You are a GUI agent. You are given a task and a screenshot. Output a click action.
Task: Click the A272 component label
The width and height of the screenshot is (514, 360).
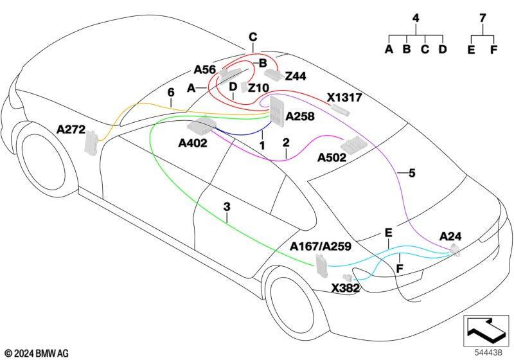point(71,129)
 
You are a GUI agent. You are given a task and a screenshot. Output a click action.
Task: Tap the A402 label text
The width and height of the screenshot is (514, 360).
point(193,143)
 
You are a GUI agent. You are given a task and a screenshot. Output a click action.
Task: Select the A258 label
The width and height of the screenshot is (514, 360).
point(300,116)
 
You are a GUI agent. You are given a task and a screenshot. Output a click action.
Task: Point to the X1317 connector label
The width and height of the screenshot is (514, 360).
point(344,97)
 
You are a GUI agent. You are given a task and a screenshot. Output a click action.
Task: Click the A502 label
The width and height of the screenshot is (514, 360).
point(332,157)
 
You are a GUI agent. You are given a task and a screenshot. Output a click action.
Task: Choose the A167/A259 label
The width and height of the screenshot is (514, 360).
point(321,246)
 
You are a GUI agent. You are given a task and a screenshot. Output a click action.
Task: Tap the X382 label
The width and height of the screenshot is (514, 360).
point(346,288)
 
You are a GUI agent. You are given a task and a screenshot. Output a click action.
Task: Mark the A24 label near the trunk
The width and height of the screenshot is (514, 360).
point(450,236)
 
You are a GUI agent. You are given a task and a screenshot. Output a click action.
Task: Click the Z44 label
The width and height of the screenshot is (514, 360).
point(296,76)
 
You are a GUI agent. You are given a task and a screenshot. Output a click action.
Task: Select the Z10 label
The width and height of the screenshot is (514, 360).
point(258,88)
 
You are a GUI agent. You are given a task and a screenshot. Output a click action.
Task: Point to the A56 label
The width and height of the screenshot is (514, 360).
point(205,69)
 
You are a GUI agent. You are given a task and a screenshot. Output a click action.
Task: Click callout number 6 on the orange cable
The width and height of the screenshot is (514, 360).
point(171,93)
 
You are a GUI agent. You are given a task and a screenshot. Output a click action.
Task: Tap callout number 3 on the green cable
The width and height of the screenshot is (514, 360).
point(227,207)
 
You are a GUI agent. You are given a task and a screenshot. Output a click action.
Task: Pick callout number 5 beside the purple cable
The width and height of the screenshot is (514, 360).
point(412,173)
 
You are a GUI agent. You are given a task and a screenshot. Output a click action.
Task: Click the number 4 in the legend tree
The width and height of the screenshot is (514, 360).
point(416,18)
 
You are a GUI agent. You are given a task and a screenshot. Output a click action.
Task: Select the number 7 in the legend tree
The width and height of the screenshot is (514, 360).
point(483,18)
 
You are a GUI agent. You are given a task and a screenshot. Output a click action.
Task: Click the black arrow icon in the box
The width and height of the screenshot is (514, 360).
point(486,328)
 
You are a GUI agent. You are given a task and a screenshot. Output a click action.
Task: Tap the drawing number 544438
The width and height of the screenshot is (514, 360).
point(488,352)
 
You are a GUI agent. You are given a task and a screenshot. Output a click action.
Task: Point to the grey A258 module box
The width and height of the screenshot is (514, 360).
point(277,111)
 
